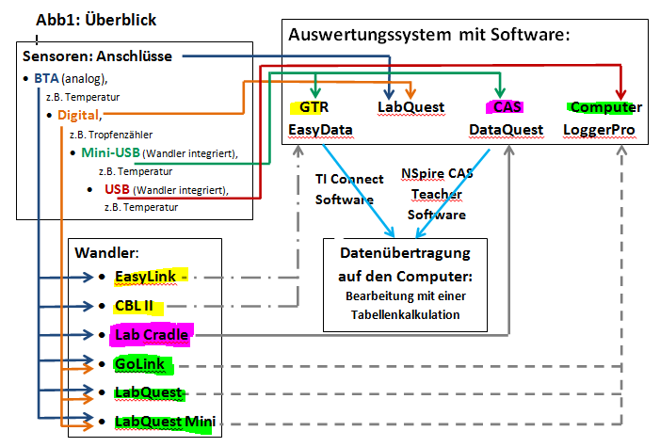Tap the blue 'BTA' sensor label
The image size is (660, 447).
tap(45, 77)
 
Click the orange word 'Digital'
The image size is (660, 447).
tap(78, 115)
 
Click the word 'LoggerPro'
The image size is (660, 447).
tap(602, 128)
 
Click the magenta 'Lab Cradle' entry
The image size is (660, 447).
tap(152, 334)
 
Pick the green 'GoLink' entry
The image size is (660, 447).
tap(138, 363)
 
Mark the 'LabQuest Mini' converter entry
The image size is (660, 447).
tap(166, 423)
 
